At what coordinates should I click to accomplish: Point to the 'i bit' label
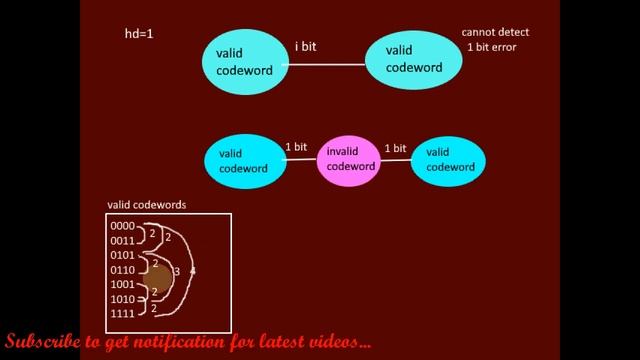(306, 47)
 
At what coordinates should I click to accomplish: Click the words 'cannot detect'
(495, 32)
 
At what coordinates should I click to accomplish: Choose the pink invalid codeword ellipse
(349, 159)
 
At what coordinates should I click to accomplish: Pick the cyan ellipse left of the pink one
(245, 160)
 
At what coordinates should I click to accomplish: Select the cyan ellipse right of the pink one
(449, 159)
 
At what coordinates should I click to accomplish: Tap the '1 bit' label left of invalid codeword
(296, 147)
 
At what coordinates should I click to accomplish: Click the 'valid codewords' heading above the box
(146, 205)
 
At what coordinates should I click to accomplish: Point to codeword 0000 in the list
(122, 227)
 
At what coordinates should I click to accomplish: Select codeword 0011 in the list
(122, 241)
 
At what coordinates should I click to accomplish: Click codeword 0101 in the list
(122, 255)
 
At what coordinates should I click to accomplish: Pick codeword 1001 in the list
(122, 284)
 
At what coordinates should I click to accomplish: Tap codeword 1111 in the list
(122, 313)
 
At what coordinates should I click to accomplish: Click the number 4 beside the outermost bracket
(192, 271)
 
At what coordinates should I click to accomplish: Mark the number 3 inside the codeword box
(177, 271)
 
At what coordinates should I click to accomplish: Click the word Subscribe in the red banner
(42, 342)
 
